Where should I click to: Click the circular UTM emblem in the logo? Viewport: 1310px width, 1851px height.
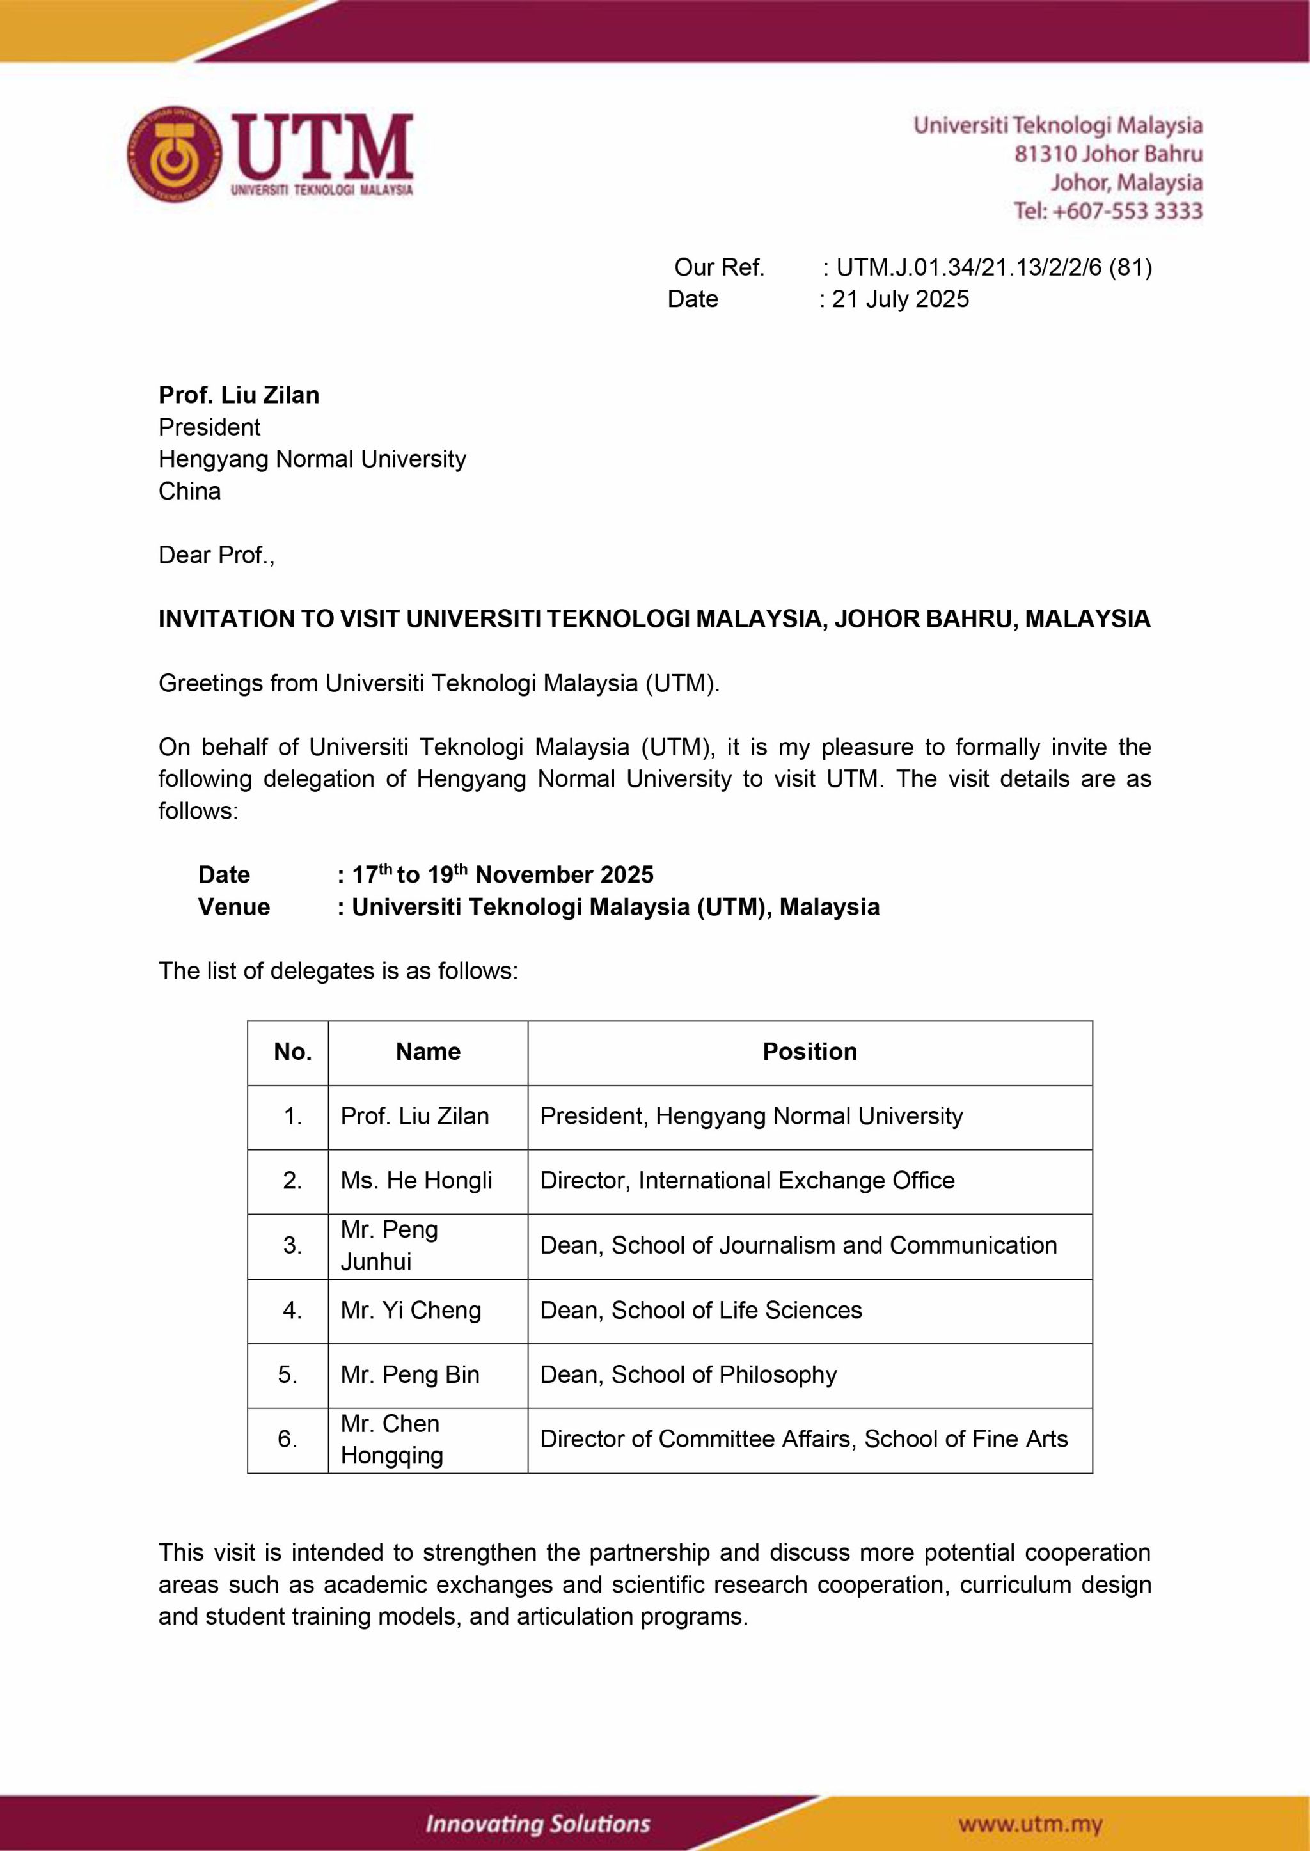(174, 154)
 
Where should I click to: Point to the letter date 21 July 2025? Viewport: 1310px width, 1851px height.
(900, 299)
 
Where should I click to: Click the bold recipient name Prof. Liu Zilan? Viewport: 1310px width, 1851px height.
(239, 395)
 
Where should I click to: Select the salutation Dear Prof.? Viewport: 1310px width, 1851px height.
(216, 555)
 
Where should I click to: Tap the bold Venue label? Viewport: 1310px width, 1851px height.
(234, 908)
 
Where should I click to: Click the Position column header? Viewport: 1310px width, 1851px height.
(809, 1052)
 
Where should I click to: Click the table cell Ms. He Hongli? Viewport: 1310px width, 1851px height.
(416, 1181)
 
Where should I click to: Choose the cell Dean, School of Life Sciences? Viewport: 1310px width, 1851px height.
(700, 1310)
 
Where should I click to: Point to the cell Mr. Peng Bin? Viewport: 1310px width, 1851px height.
(410, 1374)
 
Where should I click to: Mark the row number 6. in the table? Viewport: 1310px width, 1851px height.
(288, 1439)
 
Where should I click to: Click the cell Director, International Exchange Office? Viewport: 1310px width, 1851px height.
(747, 1181)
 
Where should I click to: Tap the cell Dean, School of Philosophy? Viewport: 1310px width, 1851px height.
(688, 1374)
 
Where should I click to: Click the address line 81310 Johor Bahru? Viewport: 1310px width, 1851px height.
(1109, 154)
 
